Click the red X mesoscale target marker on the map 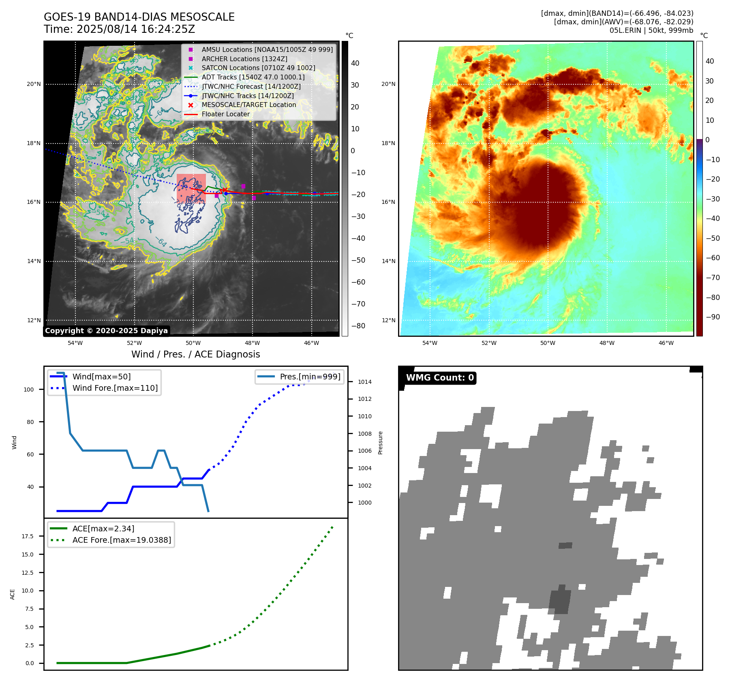(x=224, y=190)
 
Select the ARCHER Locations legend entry (x=244, y=59)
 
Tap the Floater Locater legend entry (x=225, y=114)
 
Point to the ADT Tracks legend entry (x=253, y=77)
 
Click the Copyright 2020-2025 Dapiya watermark (x=106, y=331)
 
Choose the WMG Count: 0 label (x=440, y=378)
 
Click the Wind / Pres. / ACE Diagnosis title (x=195, y=354)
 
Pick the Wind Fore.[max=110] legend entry (x=115, y=388)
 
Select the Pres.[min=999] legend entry (x=310, y=377)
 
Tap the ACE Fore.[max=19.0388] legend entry (x=122, y=540)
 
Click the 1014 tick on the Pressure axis (x=364, y=382)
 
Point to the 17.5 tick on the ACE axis (x=28, y=536)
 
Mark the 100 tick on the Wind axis (x=29, y=390)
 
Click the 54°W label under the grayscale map (x=75, y=343)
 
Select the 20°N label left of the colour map (x=388, y=84)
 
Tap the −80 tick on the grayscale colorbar (x=358, y=326)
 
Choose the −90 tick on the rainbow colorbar (x=713, y=317)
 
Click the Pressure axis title (x=380, y=443)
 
